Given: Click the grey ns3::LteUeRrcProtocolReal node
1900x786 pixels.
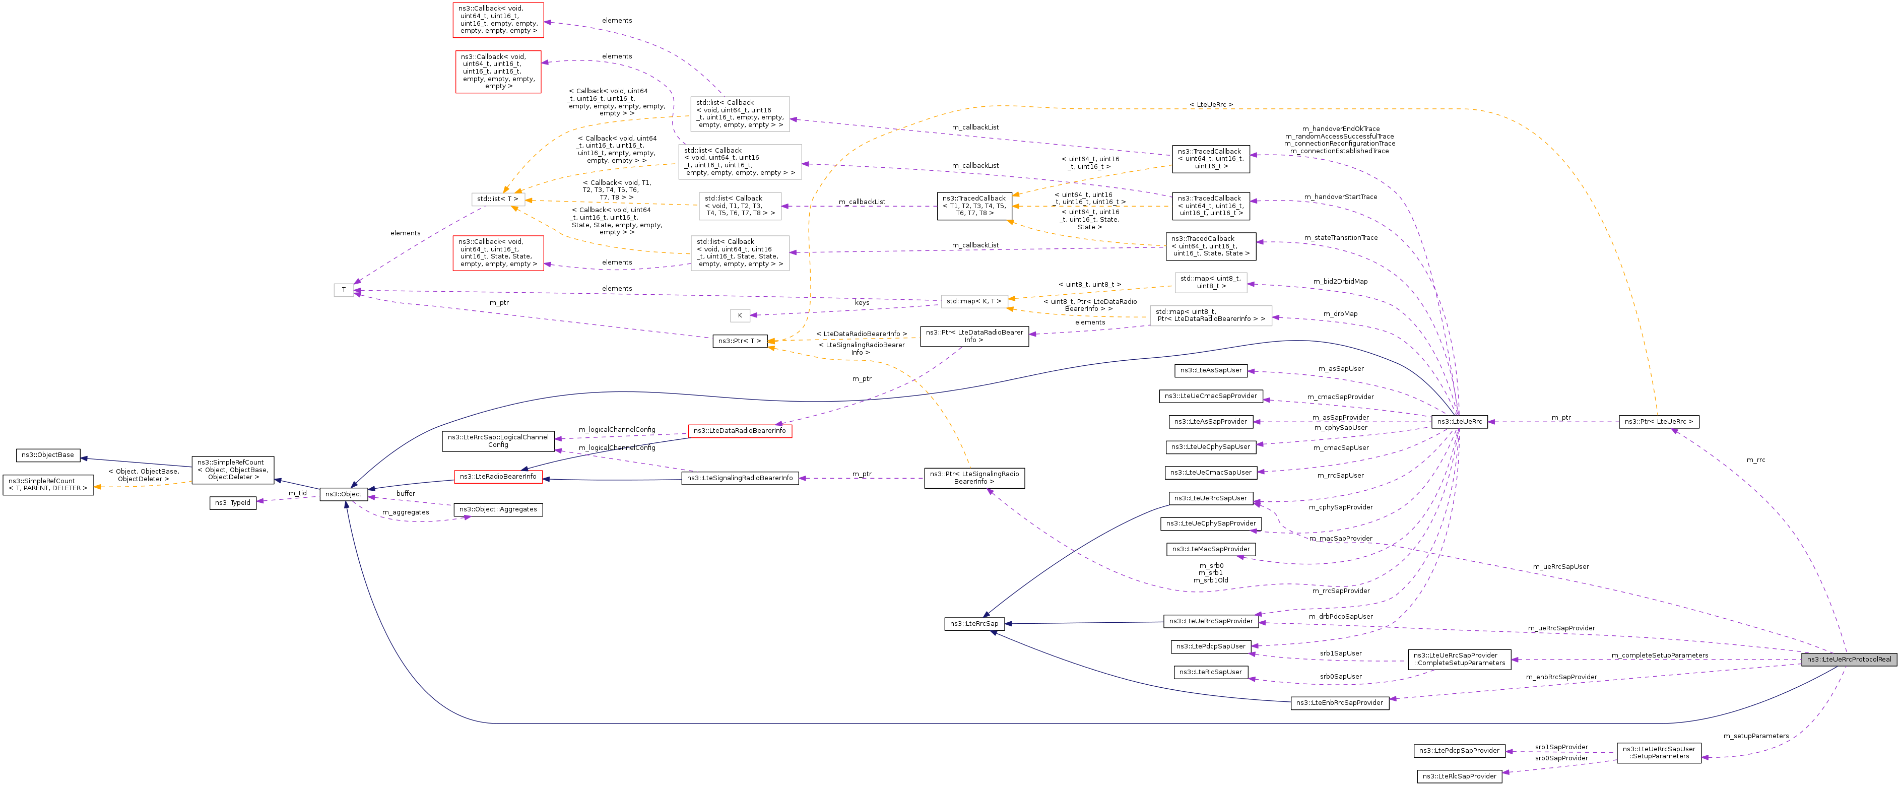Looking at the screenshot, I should click(1849, 659).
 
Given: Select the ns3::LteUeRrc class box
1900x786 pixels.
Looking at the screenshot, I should click(1459, 422).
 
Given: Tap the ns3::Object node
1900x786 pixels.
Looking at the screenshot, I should click(344, 494).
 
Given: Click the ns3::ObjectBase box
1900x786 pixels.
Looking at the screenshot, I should click(48, 455).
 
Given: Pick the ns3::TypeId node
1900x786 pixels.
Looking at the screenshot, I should click(232, 503).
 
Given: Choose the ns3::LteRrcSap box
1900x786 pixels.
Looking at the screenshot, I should click(973, 624).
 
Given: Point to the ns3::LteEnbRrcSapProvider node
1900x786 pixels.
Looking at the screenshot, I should click(1339, 703).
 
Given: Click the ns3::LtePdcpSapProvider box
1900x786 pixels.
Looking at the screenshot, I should click(1460, 751).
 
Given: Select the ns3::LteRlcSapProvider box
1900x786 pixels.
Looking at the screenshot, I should click(1459, 776).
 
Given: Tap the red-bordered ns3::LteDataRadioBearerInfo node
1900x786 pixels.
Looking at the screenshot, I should click(740, 431).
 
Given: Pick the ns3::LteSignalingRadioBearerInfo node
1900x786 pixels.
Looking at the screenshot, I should click(740, 479).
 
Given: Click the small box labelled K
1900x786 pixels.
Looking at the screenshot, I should click(740, 315).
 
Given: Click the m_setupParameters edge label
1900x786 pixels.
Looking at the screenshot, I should click(1755, 736).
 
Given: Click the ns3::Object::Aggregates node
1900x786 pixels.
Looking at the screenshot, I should click(498, 509).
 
